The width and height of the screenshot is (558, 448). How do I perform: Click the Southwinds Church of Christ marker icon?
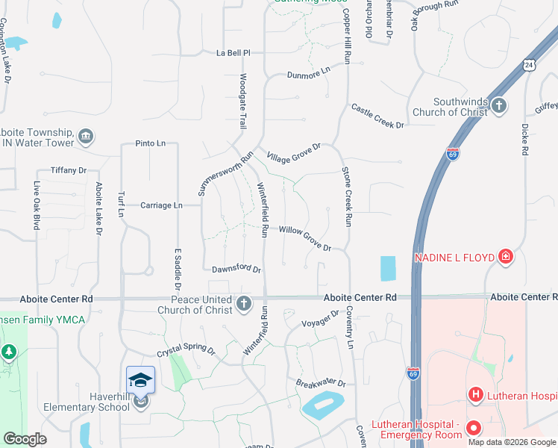click(x=499, y=107)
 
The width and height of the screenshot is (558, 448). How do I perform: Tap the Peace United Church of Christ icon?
click(x=244, y=304)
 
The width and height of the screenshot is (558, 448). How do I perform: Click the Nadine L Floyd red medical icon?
click(x=506, y=258)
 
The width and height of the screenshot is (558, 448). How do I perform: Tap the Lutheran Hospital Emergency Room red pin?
click(x=473, y=429)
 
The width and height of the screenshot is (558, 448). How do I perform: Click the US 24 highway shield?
click(x=529, y=65)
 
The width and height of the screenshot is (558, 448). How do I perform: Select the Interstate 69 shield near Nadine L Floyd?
click(x=453, y=154)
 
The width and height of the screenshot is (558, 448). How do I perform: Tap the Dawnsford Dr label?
click(x=236, y=270)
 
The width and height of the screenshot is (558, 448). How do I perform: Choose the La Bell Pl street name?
click(x=233, y=54)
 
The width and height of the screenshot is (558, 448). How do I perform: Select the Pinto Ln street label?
click(x=150, y=143)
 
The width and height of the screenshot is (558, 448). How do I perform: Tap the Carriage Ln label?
click(x=161, y=205)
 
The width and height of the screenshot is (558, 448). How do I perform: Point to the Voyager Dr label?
click(x=321, y=319)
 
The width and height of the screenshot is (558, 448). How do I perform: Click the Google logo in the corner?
click(x=25, y=440)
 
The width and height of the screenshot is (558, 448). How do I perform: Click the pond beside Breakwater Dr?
click(x=323, y=405)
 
